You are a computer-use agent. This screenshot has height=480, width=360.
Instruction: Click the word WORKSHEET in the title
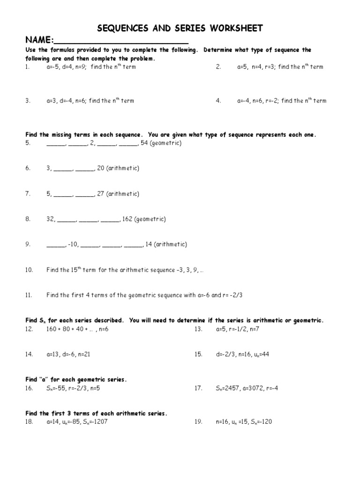[237, 29]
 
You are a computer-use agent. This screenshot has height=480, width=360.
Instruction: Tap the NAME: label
[40, 41]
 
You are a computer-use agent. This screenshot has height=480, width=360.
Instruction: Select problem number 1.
[27, 67]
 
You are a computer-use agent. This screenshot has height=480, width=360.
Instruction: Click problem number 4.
[218, 101]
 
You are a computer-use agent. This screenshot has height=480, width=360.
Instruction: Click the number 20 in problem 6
[101, 168]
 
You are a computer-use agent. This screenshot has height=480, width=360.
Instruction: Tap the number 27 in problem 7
[101, 194]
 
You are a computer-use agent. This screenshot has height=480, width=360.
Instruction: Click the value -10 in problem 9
[73, 244]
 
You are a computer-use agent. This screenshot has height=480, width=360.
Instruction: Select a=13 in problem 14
[54, 354]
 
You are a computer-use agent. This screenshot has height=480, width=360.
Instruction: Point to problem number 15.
[198, 354]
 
